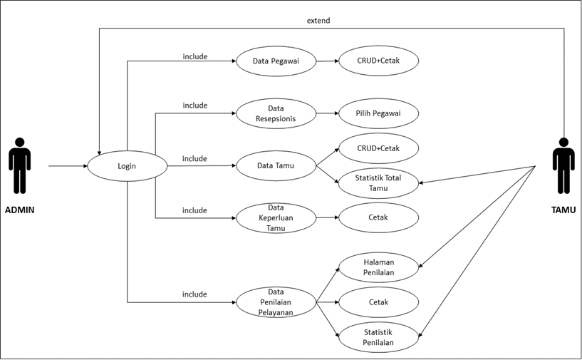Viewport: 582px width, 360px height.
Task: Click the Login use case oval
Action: (x=127, y=167)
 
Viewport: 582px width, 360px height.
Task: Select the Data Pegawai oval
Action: (x=275, y=61)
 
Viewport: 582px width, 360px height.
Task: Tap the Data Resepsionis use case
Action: (x=275, y=113)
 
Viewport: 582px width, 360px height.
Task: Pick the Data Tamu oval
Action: (x=275, y=166)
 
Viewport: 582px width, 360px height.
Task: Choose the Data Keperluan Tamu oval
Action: (x=276, y=217)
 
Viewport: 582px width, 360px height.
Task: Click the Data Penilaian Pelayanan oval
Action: (x=276, y=302)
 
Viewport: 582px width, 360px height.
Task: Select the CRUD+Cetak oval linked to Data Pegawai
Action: (x=378, y=61)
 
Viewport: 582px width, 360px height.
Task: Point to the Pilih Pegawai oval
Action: (x=378, y=113)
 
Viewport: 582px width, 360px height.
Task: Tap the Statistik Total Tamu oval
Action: (x=378, y=183)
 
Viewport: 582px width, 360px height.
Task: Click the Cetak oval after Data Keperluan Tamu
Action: (x=378, y=217)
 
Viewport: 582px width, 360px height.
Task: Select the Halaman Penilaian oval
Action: (x=378, y=267)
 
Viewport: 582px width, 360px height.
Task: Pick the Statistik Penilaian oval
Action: (x=378, y=337)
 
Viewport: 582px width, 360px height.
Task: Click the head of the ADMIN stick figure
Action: (x=19, y=142)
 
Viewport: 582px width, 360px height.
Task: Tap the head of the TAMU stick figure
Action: (x=563, y=142)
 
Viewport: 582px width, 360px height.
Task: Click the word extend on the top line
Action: (x=318, y=21)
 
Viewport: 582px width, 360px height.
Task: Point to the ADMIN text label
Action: (x=19, y=210)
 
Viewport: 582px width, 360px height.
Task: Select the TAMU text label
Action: (x=563, y=210)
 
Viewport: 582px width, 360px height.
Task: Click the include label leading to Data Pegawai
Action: (x=195, y=56)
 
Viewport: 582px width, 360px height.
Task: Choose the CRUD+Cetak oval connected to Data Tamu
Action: (x=378, y=148)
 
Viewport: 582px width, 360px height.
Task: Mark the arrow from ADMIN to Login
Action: (x=68, y=166)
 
